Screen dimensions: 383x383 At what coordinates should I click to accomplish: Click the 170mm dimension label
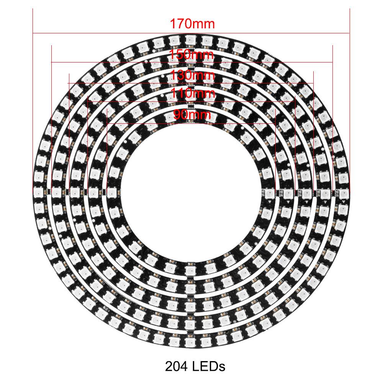[x=192, y=24]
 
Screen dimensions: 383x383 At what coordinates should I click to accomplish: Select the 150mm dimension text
[x=192, y=54]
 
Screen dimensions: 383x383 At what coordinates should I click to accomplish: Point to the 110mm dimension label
[x=192, y=93]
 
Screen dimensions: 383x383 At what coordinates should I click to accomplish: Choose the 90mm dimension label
[x=192, y=114]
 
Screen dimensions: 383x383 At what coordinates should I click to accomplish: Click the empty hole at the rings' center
[x=191, y=191]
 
